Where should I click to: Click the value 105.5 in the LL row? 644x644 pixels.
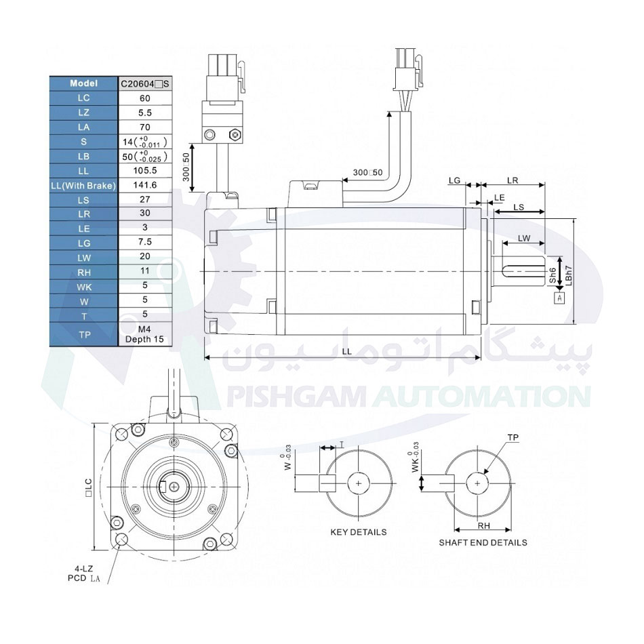pos(144,171)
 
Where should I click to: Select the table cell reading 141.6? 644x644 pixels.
pos(144,185)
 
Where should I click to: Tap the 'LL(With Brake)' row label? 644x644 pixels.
pos(83,185)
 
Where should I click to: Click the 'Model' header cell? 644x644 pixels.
pos(83,83)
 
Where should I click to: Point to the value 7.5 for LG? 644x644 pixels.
pos(144,243)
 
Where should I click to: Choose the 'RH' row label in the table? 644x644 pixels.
pos(83,272)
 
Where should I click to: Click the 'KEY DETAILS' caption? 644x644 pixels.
pos(358,532)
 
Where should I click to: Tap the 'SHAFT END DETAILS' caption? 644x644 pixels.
pos(483,542)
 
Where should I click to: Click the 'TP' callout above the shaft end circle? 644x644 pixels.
pos(513,439)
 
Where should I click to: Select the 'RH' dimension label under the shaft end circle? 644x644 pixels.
pos(483,525)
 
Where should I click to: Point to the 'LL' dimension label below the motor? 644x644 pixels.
pos(346,351)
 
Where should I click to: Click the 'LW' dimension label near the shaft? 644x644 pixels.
pos(523,238)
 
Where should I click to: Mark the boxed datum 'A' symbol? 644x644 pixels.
pos(559,298)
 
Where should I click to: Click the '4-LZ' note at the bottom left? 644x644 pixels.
pos(84,568)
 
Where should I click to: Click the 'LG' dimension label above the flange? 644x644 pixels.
pos(455,181)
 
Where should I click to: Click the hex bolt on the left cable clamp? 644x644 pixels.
pos(235,134)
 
